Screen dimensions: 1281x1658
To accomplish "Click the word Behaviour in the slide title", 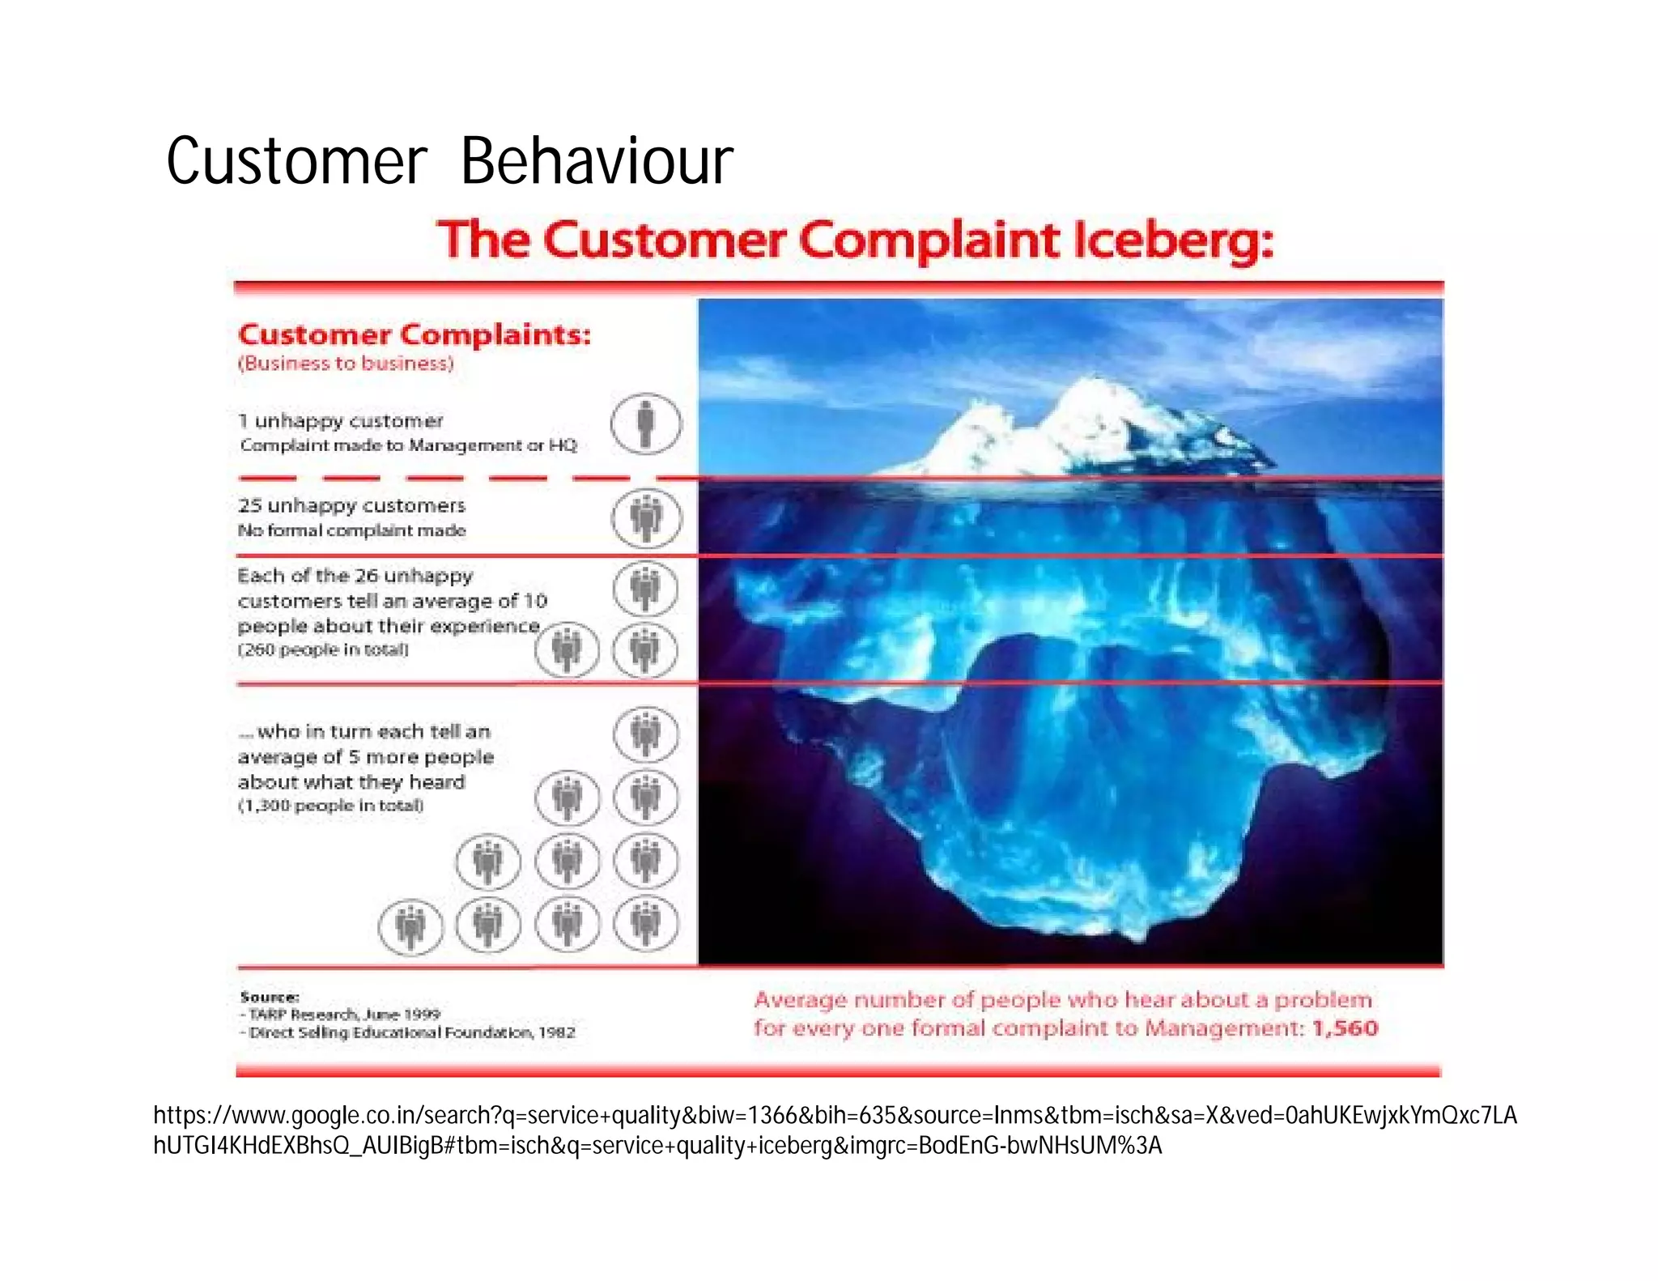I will (x=597, y=161).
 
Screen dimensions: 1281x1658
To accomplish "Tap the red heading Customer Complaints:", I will (x=414, y=334).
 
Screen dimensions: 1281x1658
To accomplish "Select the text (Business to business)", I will (x=346, y=364).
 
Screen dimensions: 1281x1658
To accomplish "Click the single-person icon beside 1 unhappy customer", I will (x=645, y=423).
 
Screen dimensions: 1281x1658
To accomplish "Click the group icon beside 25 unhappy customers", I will (x=645, y=517).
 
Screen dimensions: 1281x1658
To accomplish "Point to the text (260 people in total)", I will (x=323, y=649).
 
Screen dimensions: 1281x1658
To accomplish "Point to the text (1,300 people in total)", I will (x=330, y=806).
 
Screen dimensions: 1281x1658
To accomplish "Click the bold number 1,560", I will (x=1345, y=1028).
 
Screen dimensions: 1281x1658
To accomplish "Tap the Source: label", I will (x=270, y=997).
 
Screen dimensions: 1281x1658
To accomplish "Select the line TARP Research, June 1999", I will (x=344, y=1015).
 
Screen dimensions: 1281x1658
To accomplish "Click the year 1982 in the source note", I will (x=557, y=1032).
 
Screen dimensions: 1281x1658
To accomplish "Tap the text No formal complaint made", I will (x=351, y=530).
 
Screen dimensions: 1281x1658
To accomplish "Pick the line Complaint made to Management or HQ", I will (x=408, y=445).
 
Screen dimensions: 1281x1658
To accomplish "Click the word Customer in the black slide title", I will (x=296, y=161).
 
